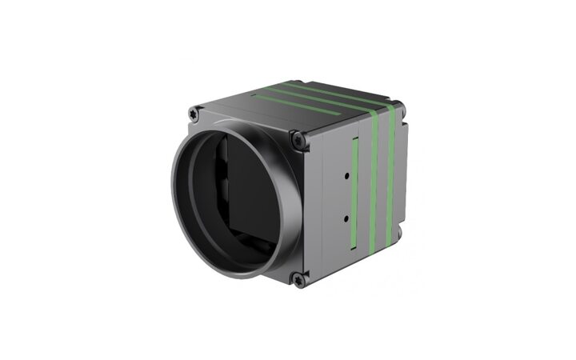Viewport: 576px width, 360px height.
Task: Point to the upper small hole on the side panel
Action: point(347,173)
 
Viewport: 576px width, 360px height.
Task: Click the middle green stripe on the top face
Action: point(312,98)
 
